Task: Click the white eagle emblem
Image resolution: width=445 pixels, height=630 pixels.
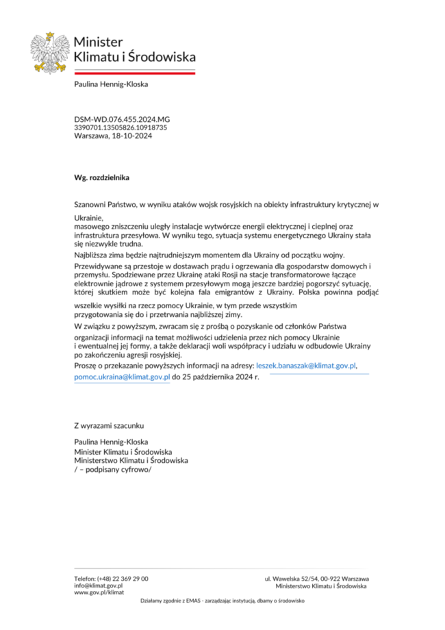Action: (49, 53)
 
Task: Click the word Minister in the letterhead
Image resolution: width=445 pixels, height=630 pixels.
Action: (98, 42)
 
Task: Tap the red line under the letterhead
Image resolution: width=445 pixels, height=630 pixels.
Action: (135, 72)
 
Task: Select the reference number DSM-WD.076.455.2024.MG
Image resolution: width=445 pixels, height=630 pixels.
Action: (122, 119)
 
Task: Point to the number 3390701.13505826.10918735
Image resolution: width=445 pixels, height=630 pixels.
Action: (120, 127)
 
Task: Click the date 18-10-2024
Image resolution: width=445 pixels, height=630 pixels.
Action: (132, 136)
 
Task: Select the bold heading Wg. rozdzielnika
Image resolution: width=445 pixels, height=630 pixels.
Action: (101, 177)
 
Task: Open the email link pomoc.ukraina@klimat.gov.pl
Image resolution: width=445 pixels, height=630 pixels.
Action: (122, 377)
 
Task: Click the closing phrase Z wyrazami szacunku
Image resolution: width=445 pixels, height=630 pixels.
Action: (110, 425)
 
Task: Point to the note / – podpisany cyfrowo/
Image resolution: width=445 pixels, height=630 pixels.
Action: (112, 470)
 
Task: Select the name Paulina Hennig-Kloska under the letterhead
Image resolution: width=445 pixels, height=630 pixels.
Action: (111, 85)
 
